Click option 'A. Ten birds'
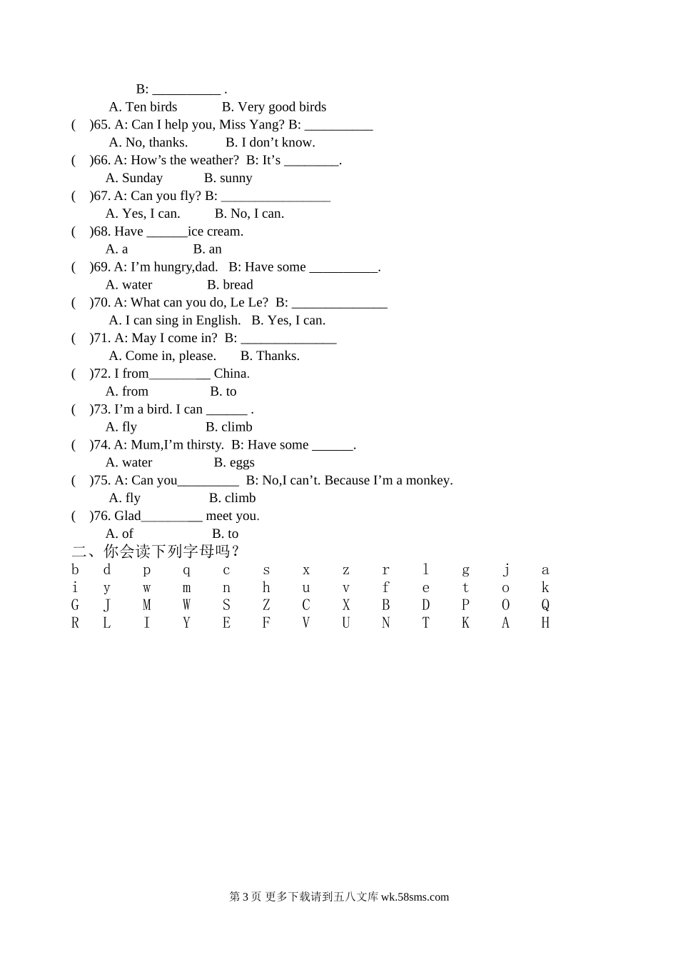coord(143,107)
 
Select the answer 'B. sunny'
coord(228,178)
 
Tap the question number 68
coord(103,231)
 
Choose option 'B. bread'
coord(230,285)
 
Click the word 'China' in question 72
coord(231,374)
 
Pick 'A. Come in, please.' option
coord(162,356)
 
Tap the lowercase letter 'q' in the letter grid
coord(186,570)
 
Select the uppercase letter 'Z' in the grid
coord(266,605)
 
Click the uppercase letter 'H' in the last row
coord(545,623)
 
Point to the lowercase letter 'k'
coord(545,588)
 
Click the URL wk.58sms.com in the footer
coord(415,897)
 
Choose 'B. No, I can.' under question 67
coord(249,214)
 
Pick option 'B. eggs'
coord(234,463)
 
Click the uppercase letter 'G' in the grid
coord(75,605)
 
